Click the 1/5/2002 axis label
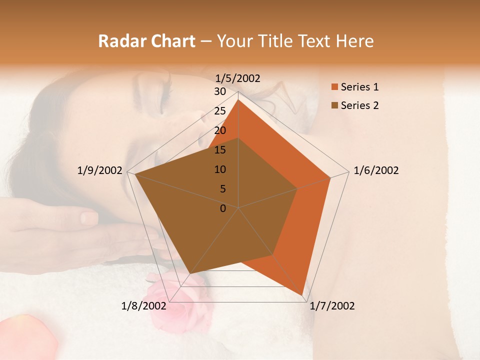click(238, 78)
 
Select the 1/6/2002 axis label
click(376, 170)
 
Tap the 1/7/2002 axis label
click(332, 306)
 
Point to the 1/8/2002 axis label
click(144, 306)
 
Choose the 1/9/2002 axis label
click(100, 170)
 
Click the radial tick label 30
click(220, 91)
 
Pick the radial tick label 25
click(220, 111)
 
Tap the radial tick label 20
click(220, 130)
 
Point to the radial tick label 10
click(220, 169)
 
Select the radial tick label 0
click(223, 208)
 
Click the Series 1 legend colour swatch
click(334, 87)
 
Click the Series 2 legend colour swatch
click(334, 105)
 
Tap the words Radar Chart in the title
click(146, 41)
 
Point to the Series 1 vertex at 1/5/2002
click(238, 99)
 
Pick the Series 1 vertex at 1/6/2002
click(330, 177)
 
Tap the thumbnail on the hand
click(89, 217)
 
